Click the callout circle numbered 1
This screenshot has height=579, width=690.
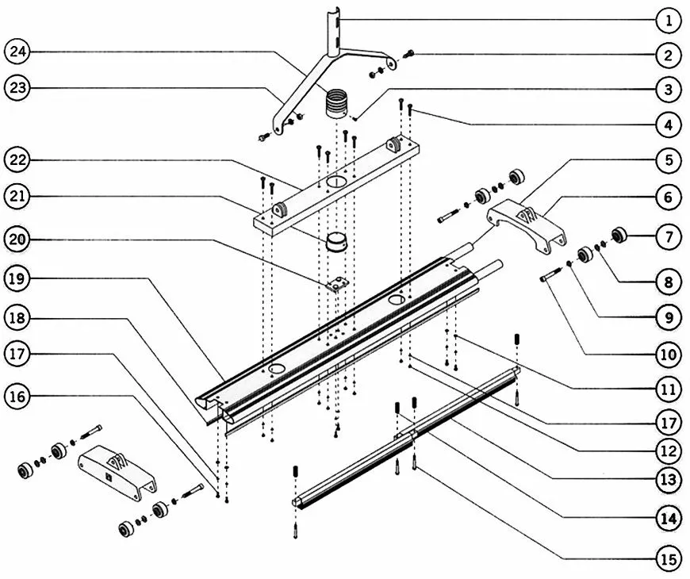point(669,21)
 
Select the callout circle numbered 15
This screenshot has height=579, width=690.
point(669,559)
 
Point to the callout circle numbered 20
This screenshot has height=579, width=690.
point(17,240)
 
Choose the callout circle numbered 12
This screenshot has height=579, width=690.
point(669,451)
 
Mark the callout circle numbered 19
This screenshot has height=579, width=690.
point(17,279)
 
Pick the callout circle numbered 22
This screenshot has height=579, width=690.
point(17,159)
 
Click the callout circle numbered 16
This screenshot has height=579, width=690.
point(17,397)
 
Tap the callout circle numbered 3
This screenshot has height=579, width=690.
point(669,90)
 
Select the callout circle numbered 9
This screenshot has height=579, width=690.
point(669,317)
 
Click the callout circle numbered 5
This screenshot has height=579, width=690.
point(669,160)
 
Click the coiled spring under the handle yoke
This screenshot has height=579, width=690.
point(336,104)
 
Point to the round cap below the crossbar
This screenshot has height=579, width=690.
point(336,243)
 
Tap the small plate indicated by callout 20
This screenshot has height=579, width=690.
point(338,284)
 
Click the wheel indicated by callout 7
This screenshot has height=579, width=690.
point(619,234)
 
